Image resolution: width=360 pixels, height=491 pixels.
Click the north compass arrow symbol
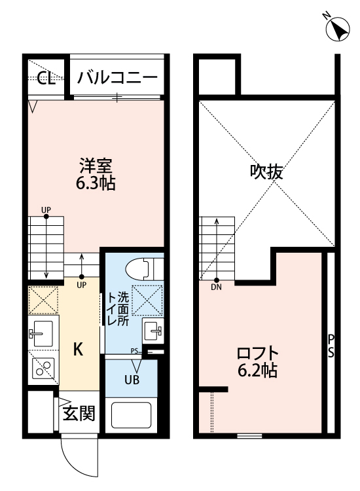point(339,29)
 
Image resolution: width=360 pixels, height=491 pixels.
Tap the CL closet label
point(45,79)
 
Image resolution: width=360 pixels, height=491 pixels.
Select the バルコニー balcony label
point(117,79)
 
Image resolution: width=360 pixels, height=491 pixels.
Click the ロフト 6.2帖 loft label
point(257,362)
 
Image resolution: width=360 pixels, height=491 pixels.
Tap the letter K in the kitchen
point(77,350)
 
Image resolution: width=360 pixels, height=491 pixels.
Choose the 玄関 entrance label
point(79,413)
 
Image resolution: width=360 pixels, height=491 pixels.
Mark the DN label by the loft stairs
point(216,286)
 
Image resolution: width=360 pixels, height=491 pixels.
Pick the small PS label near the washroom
point(135,351)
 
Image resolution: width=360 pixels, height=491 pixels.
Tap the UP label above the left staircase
point(46,210)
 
